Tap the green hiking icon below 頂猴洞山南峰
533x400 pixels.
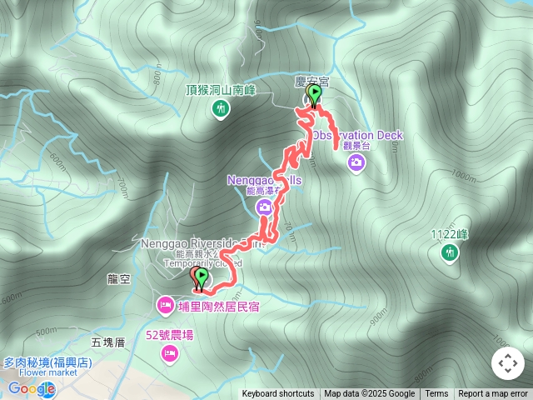(x=221, y=107)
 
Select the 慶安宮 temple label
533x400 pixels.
(x=312, y=81)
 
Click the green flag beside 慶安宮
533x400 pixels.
(x=315, y=92)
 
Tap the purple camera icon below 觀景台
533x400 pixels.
(x=356, y=161)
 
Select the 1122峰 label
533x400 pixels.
(x=450, y=234)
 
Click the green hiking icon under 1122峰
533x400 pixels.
(x=450, y=251)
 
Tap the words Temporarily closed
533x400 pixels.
(x=197, y=263)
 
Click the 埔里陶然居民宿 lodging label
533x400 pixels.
(x=218, y=307)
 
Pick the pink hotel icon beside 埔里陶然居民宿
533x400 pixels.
(x=165, y=307)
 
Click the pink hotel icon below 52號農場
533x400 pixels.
(x=170, y=355)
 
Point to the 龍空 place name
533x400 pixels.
(x=119, y=281)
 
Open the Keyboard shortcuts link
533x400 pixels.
(x=278, y=394)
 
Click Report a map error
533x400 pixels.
(x=493, y=394)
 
